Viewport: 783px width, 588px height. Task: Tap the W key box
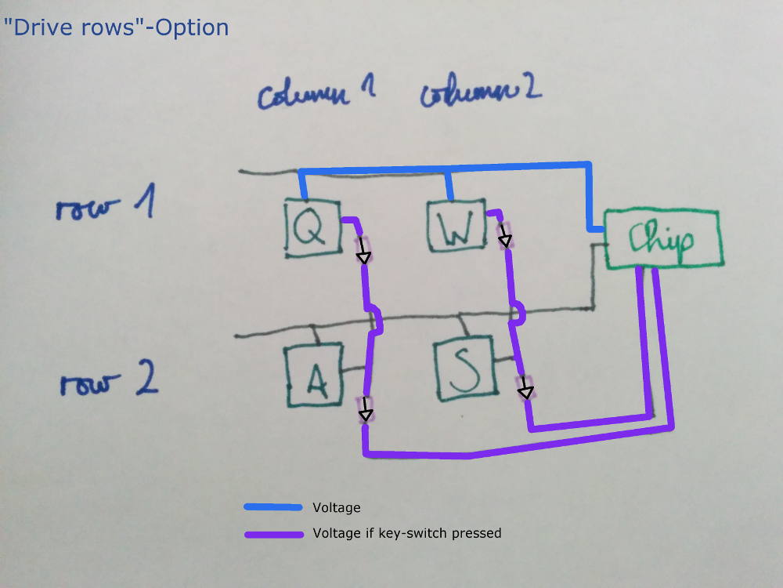click(x=456, y=226)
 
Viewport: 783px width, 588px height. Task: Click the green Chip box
click(x=662, y=240)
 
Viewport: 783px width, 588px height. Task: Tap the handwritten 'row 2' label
click(x=110, y=383)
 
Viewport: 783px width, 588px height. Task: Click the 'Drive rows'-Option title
click(x=116, y=28)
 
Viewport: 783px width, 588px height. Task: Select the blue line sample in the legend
click(x=272, y=507)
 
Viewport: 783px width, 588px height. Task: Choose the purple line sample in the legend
click(x=272, y=535)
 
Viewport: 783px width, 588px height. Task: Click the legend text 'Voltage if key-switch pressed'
click(x=406, y=534)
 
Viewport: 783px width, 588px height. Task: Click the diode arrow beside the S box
click(x=525, y=387)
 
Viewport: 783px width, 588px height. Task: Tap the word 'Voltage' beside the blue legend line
click(x=336, y=508)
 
